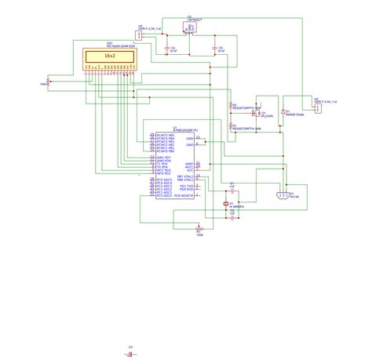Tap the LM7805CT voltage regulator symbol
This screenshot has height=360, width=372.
click(191, 28)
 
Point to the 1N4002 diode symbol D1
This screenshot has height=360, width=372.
click(283, 113)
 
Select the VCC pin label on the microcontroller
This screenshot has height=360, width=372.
click(188, 171)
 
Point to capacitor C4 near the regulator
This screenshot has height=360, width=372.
click(167, 49)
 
